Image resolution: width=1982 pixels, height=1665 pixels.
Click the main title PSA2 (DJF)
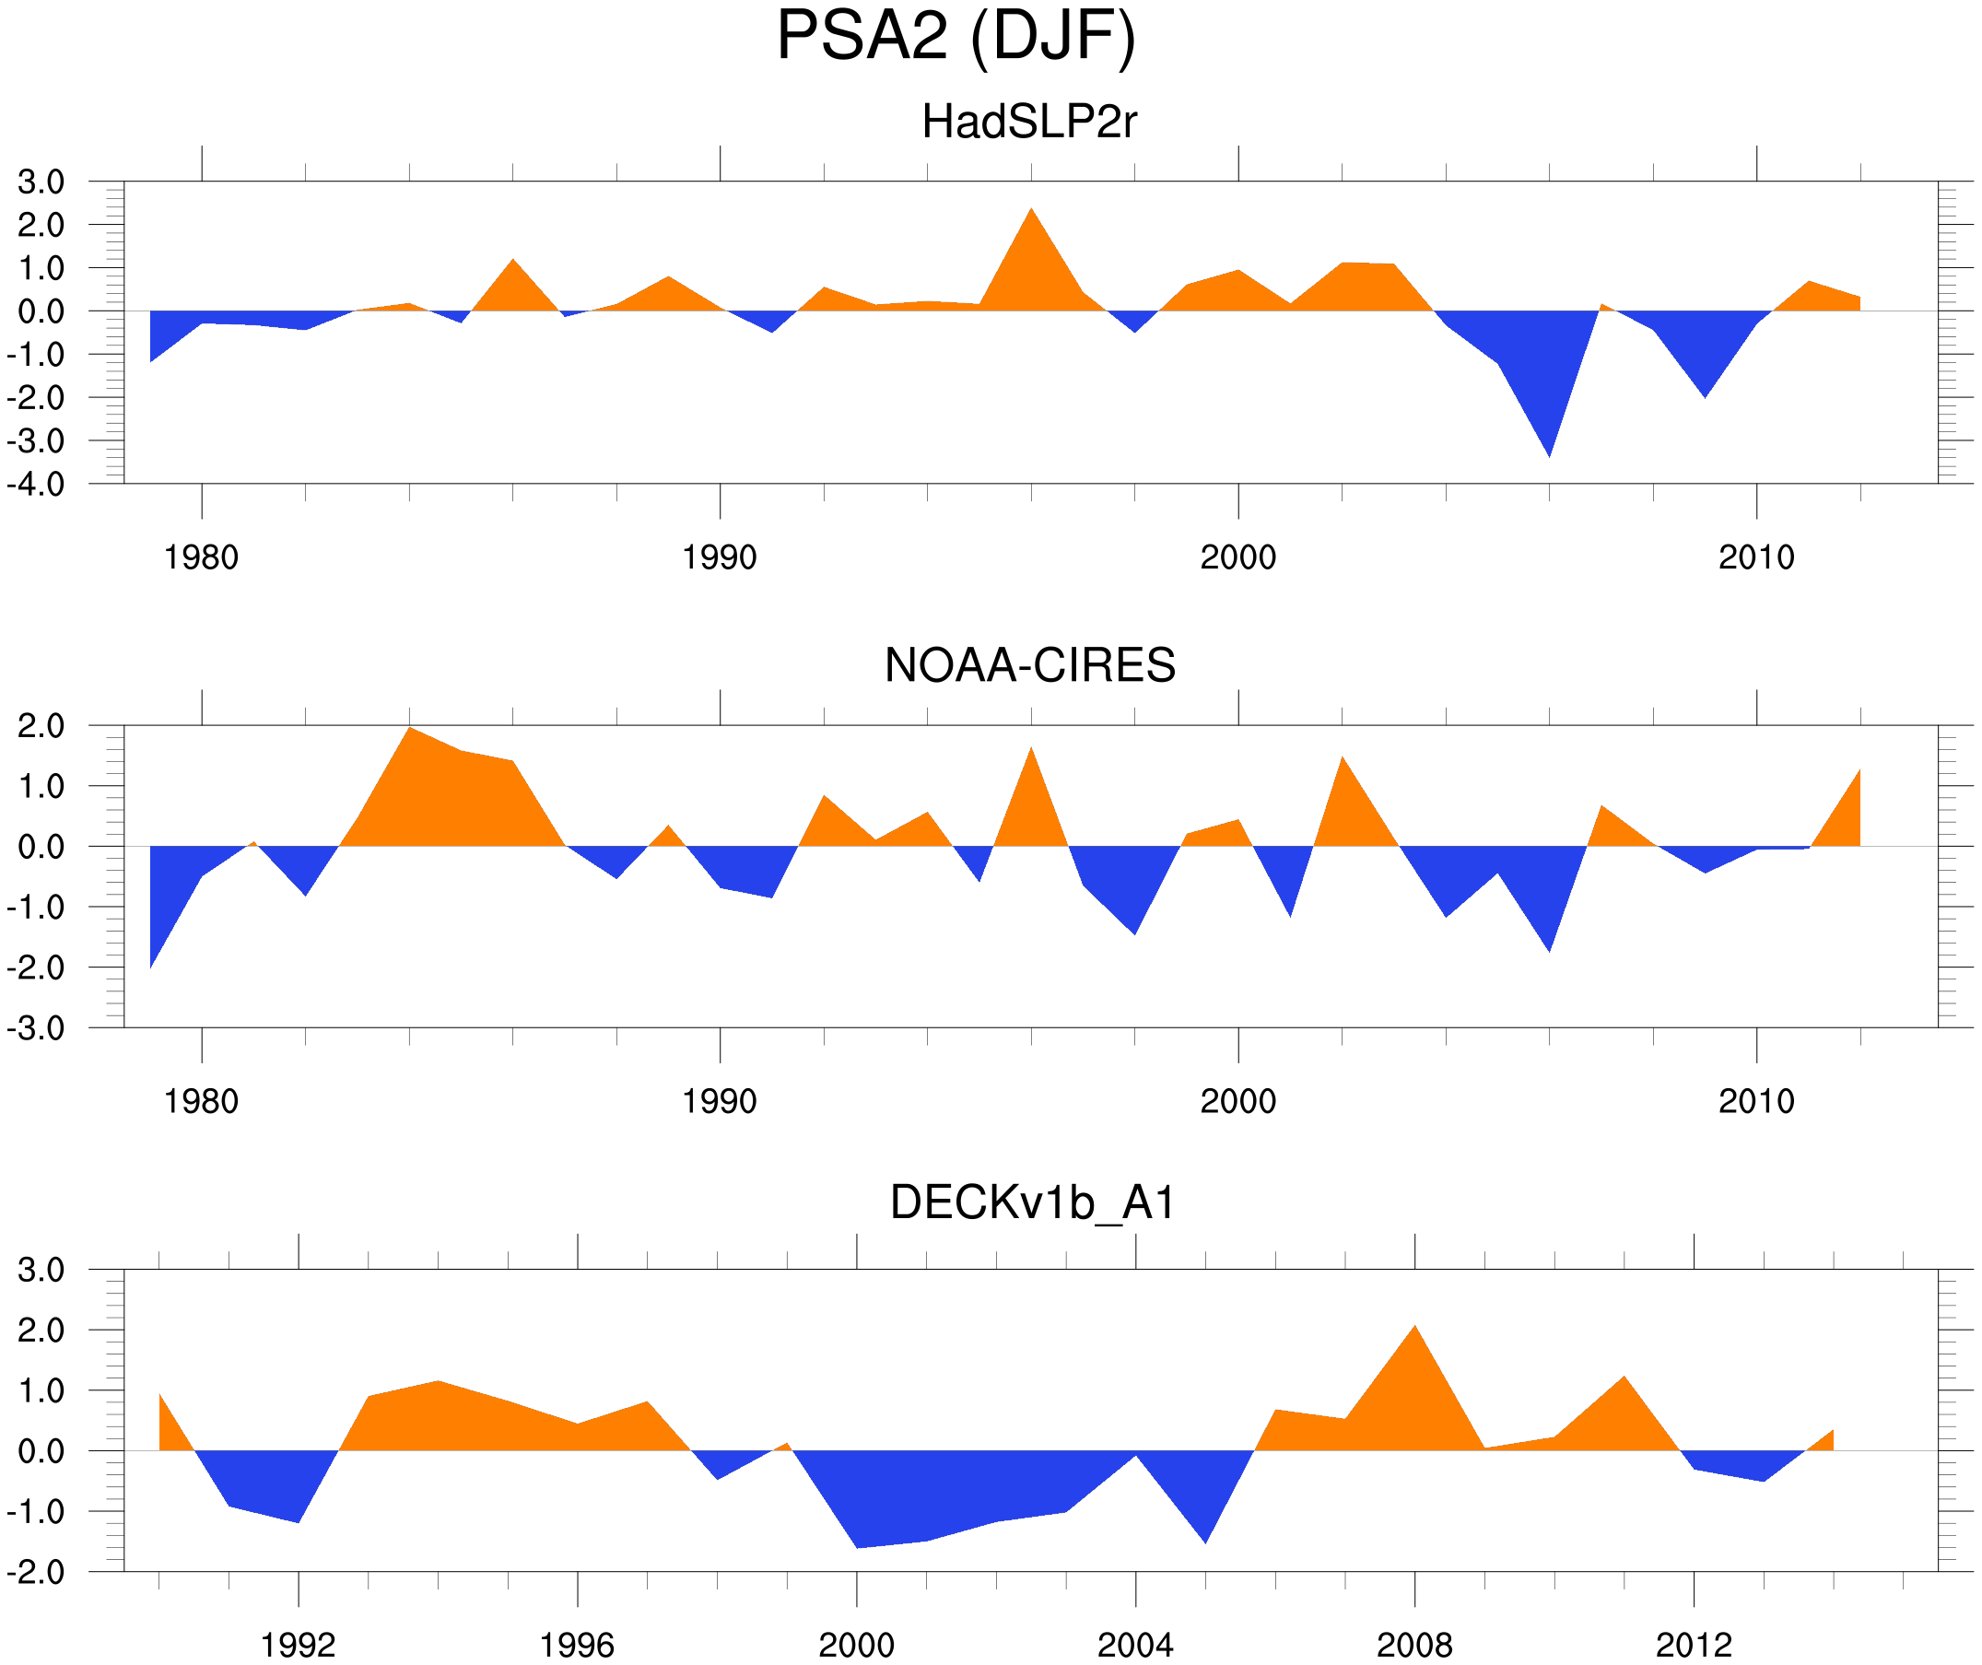(x=956, y=36)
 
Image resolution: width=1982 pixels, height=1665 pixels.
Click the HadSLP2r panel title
(x=1028, y=122)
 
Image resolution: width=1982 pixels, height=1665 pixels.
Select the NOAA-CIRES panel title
(x=1029, y=665)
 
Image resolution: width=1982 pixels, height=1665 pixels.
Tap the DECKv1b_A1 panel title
(x=1033, y=1203)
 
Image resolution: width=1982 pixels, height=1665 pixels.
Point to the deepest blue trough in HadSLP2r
(x=1548, y=443)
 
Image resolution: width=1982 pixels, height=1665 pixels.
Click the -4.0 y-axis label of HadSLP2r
(x=36, y=486)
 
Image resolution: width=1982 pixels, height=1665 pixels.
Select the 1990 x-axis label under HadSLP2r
(x=720, y=557)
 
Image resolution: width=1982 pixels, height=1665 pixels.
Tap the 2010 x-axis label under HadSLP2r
(x=1755, y=557)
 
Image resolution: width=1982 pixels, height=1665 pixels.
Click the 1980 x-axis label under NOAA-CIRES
(x=201, y=1101)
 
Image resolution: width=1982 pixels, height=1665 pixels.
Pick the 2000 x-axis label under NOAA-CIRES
(x=1237, y=1101)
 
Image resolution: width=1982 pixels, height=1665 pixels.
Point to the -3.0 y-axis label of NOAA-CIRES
(x=36, y=1029)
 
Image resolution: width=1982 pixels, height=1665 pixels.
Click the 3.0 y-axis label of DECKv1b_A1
(x=41, y=1271)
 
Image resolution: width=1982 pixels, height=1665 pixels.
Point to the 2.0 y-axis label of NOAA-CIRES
(x=41, y=727)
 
